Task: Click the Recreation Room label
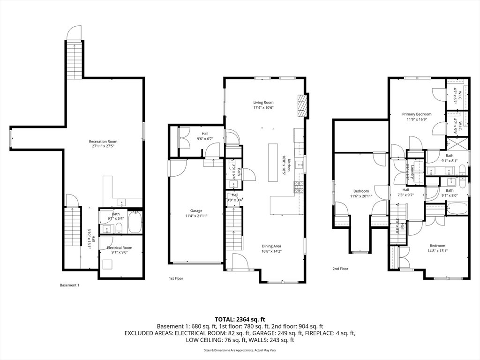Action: click(x=103, y=142)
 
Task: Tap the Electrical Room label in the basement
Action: click(x=120, y=247)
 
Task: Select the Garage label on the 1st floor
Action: click(x=196, y=210)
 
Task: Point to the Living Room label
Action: click(x=263, y=102)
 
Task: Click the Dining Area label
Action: click(x=271, y=246)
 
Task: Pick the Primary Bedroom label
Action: click(x=417, y=114)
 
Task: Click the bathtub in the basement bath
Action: click(x=135, y=223)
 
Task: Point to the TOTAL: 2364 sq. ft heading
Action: click(x=240, y=319)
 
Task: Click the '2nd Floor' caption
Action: click(x=341, y=269)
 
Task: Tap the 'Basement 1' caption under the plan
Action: click(x=70, y=285)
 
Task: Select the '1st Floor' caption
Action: click(x=176, y=278)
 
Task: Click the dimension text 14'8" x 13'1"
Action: click(x=437, y=250)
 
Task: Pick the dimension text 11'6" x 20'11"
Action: click(x=361, y=196)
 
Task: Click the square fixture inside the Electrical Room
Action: click(x=108, y=264)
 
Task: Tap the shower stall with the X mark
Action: click(x=453, y=143)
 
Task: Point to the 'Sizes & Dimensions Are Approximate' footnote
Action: click(x=240, y=350)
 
